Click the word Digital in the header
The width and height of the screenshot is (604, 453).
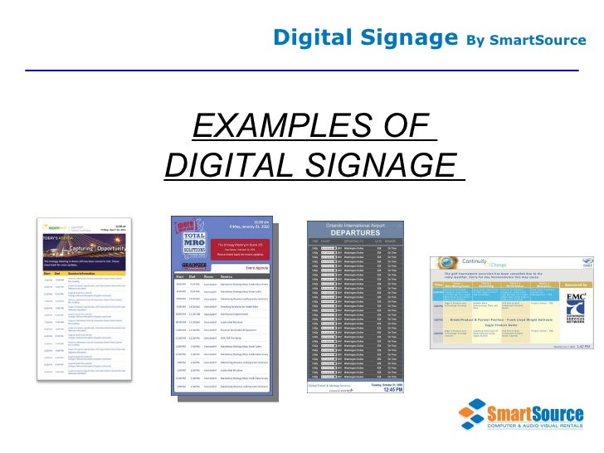coord(307,37)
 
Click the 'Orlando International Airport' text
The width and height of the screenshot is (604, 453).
coord(356,225)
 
